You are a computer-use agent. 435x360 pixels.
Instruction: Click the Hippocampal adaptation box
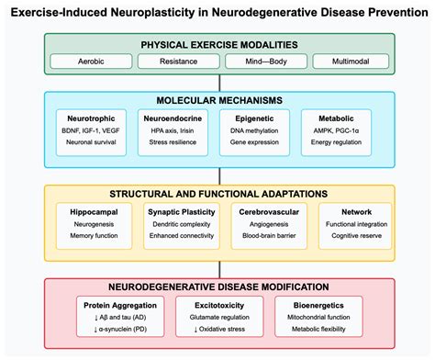point(90,222)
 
